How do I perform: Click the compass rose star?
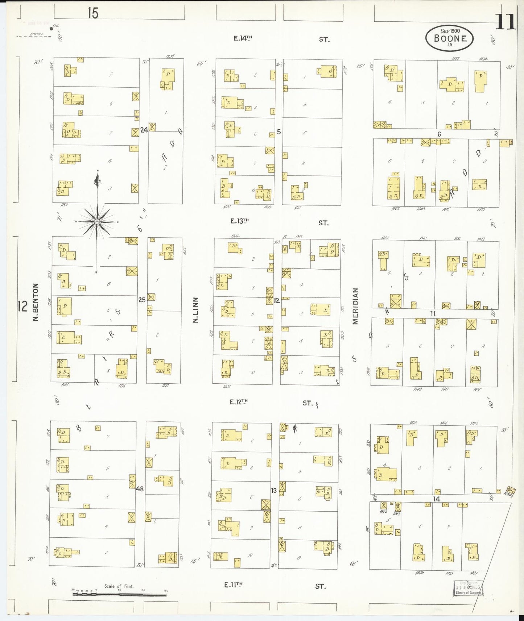coord(97,221)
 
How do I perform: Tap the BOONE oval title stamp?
coord(450,38)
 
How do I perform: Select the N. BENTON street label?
coord(36,302)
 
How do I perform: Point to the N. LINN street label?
coord(196,310)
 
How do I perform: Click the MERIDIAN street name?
coord(355,306)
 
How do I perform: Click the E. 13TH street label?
coord(240,221)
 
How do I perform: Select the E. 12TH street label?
coord(239,401)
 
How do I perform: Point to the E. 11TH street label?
coord(233,584)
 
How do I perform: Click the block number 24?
coord(144,129)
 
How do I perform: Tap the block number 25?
coord(142,300)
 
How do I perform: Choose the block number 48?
coord(140,489)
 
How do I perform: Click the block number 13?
coord(274,490)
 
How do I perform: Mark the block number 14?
coord(437,499)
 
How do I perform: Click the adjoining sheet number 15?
coord(93,13)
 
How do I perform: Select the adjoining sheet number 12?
coord(22,306)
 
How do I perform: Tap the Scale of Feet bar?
coord(119,594)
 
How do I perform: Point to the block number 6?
coord(439,134)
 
